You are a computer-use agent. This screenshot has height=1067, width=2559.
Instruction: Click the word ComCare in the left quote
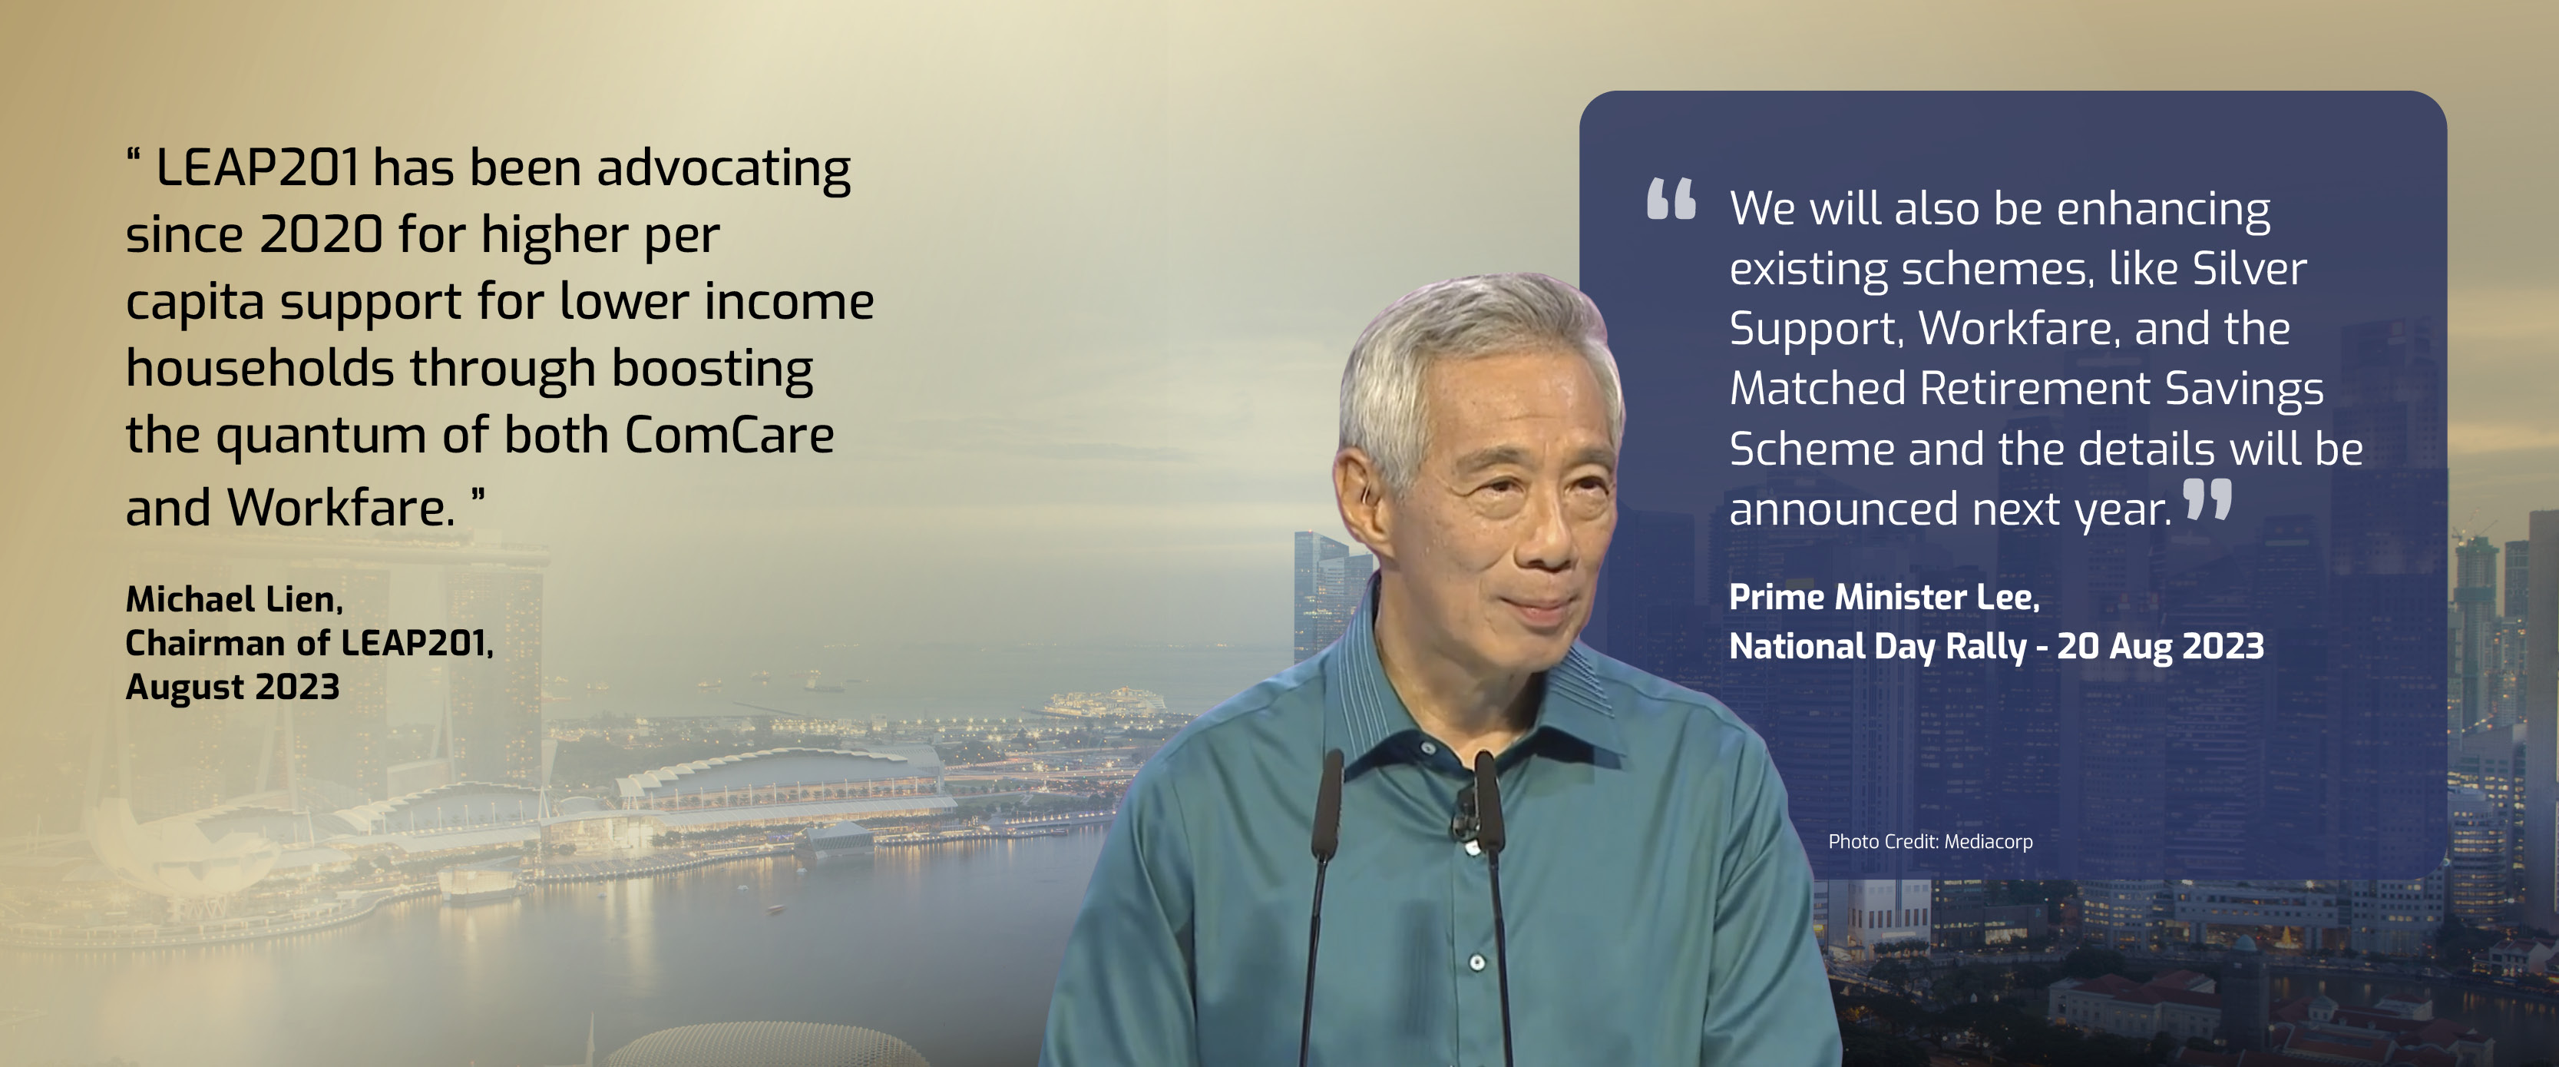[729, 435]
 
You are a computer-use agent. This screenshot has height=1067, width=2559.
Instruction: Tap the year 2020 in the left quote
[321, 234]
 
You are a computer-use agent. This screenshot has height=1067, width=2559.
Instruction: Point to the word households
[260, 368]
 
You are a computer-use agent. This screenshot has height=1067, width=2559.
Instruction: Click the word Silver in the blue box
[2249, 268]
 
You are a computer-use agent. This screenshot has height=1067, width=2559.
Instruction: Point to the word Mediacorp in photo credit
[1988, 841]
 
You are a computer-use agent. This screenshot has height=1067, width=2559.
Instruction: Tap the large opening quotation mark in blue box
[1671, 199]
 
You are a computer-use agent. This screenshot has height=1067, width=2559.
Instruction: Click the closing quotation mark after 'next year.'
[2207, 500]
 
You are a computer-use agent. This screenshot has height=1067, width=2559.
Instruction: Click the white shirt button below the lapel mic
[1476, 963]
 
